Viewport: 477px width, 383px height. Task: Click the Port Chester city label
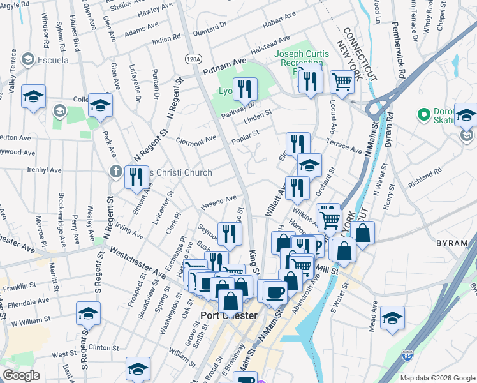click(x=228, y=315)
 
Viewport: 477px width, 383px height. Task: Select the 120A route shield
click(x=193, y=59)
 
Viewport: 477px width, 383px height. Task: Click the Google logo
click(x=21, y=375)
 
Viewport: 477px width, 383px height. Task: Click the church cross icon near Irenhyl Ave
click(x=115, y=172)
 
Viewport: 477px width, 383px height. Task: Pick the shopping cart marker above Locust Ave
click(x=342, y=81)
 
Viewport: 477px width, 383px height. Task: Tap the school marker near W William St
click(x=88, y=313)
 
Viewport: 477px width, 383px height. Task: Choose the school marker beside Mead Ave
click(x=392, y=317)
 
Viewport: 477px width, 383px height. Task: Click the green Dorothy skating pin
click(x=422, y=115)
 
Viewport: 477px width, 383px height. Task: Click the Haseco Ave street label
click(x=218, y=202)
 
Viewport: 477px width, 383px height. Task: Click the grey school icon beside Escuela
click(x=27, y=60)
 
